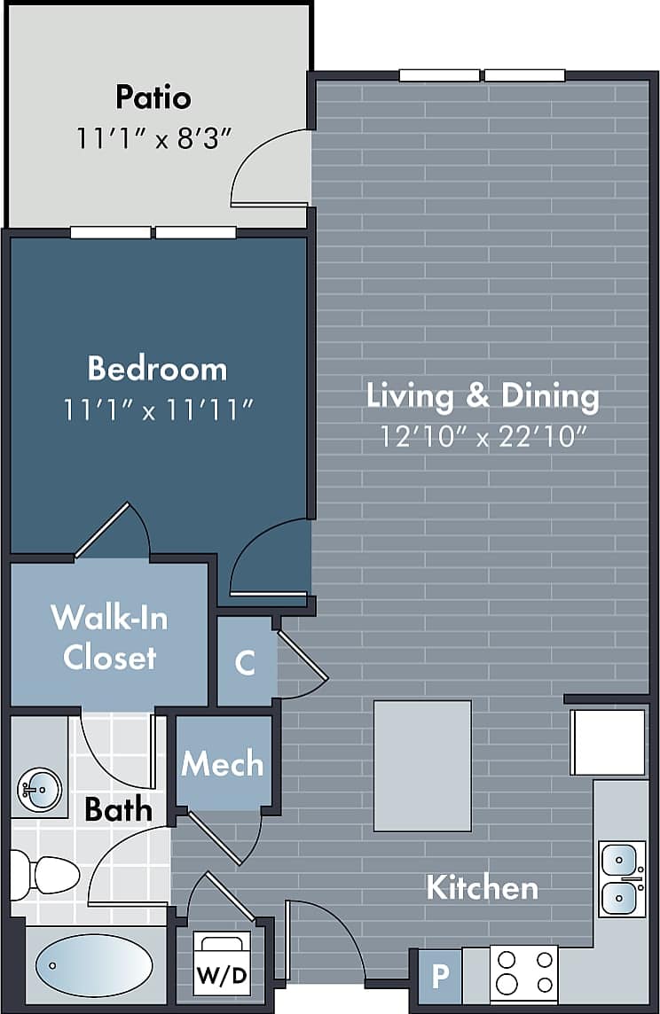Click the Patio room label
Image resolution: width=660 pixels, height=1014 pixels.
[153, 97]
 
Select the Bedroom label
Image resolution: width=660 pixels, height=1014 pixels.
[157, 368]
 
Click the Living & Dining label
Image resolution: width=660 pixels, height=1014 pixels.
[483, 395]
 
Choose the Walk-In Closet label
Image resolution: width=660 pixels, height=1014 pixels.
[109, 637]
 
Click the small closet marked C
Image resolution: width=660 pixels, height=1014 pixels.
[246, 662]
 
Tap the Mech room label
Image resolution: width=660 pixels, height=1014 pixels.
[222, 763]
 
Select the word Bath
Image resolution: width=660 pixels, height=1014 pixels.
[118, 809]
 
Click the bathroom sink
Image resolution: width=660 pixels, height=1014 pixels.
[38, 786]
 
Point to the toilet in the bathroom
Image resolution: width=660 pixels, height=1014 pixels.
[44, 874]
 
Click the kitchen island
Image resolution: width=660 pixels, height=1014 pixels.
[422, 766]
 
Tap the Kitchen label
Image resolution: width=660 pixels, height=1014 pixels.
[482, 887]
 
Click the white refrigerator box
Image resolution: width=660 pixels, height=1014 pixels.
[609, 742]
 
